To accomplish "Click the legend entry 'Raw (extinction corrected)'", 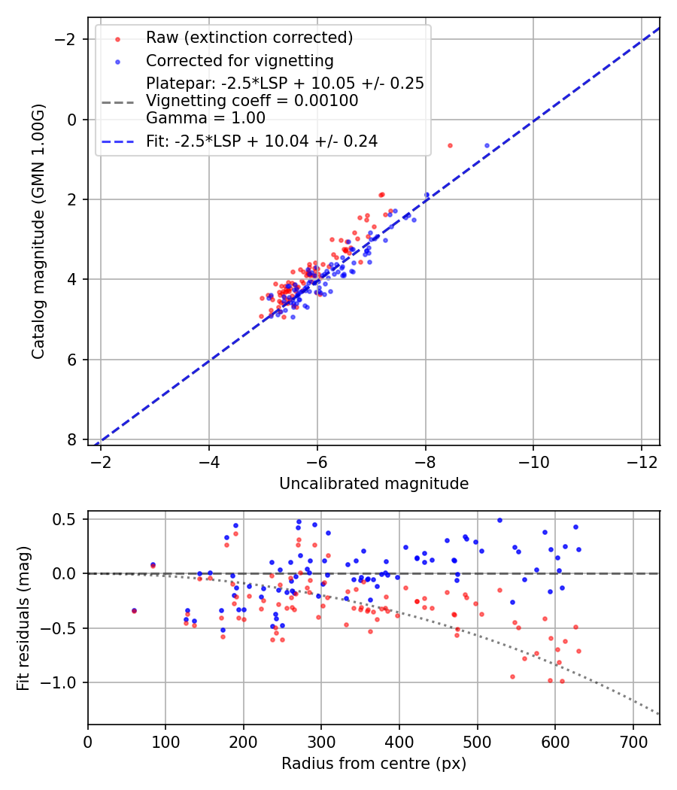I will [249, 38].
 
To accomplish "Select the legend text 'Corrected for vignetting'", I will [239, 60].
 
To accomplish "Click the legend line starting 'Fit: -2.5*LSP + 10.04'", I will [261, 141].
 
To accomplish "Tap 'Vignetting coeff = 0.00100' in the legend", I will [252, 100].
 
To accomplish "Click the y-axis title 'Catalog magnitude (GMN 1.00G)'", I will [38, 232].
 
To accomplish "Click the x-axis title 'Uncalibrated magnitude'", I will [374, 484].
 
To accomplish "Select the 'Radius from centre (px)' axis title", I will [374, 764].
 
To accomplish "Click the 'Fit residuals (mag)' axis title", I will [23, 618].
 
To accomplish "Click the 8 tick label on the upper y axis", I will [73, 439].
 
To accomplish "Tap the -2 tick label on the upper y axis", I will [68, 39].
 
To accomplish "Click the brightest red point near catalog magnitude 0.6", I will [450, 145].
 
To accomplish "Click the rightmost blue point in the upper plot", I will [487, 145].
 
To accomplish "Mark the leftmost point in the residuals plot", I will [134, 610].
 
